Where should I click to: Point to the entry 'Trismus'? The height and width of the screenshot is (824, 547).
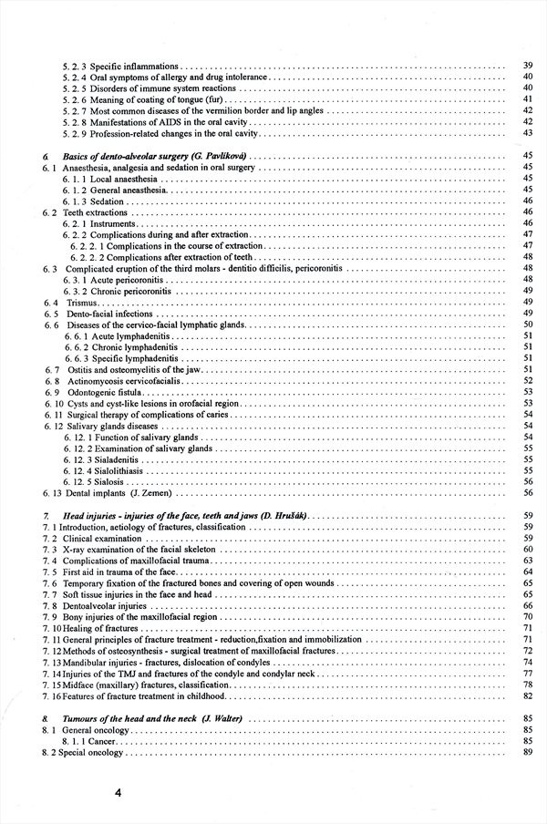[x=90, y=302]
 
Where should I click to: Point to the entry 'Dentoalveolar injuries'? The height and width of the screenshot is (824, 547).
[x=119, y=605]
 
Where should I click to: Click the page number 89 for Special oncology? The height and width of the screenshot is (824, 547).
[x=528, y=753]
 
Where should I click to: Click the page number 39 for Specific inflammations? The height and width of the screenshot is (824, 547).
[x=528, y=66]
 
